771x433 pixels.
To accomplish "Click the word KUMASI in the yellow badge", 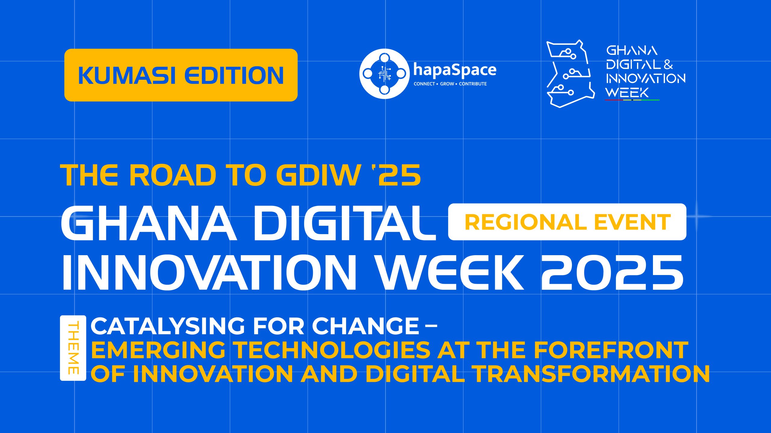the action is [x=126, y=75].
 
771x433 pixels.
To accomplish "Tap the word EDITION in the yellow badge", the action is [x=234, y=75].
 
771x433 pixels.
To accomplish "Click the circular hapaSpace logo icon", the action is [x=384, y=74].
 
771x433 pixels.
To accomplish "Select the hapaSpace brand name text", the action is [x=455, y=70].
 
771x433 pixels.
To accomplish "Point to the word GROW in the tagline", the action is [x=447, y=84].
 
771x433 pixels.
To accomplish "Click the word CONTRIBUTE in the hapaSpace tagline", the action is [x=473, y=84].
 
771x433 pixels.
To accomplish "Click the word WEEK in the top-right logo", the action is [x=627, y=93].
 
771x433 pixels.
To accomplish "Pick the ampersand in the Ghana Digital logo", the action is [x=668, y=64].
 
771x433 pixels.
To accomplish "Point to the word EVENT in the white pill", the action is [x=632, y=222].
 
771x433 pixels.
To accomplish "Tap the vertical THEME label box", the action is [x=73, y=348].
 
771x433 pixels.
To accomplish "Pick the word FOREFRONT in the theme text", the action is [x=611, y=350].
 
